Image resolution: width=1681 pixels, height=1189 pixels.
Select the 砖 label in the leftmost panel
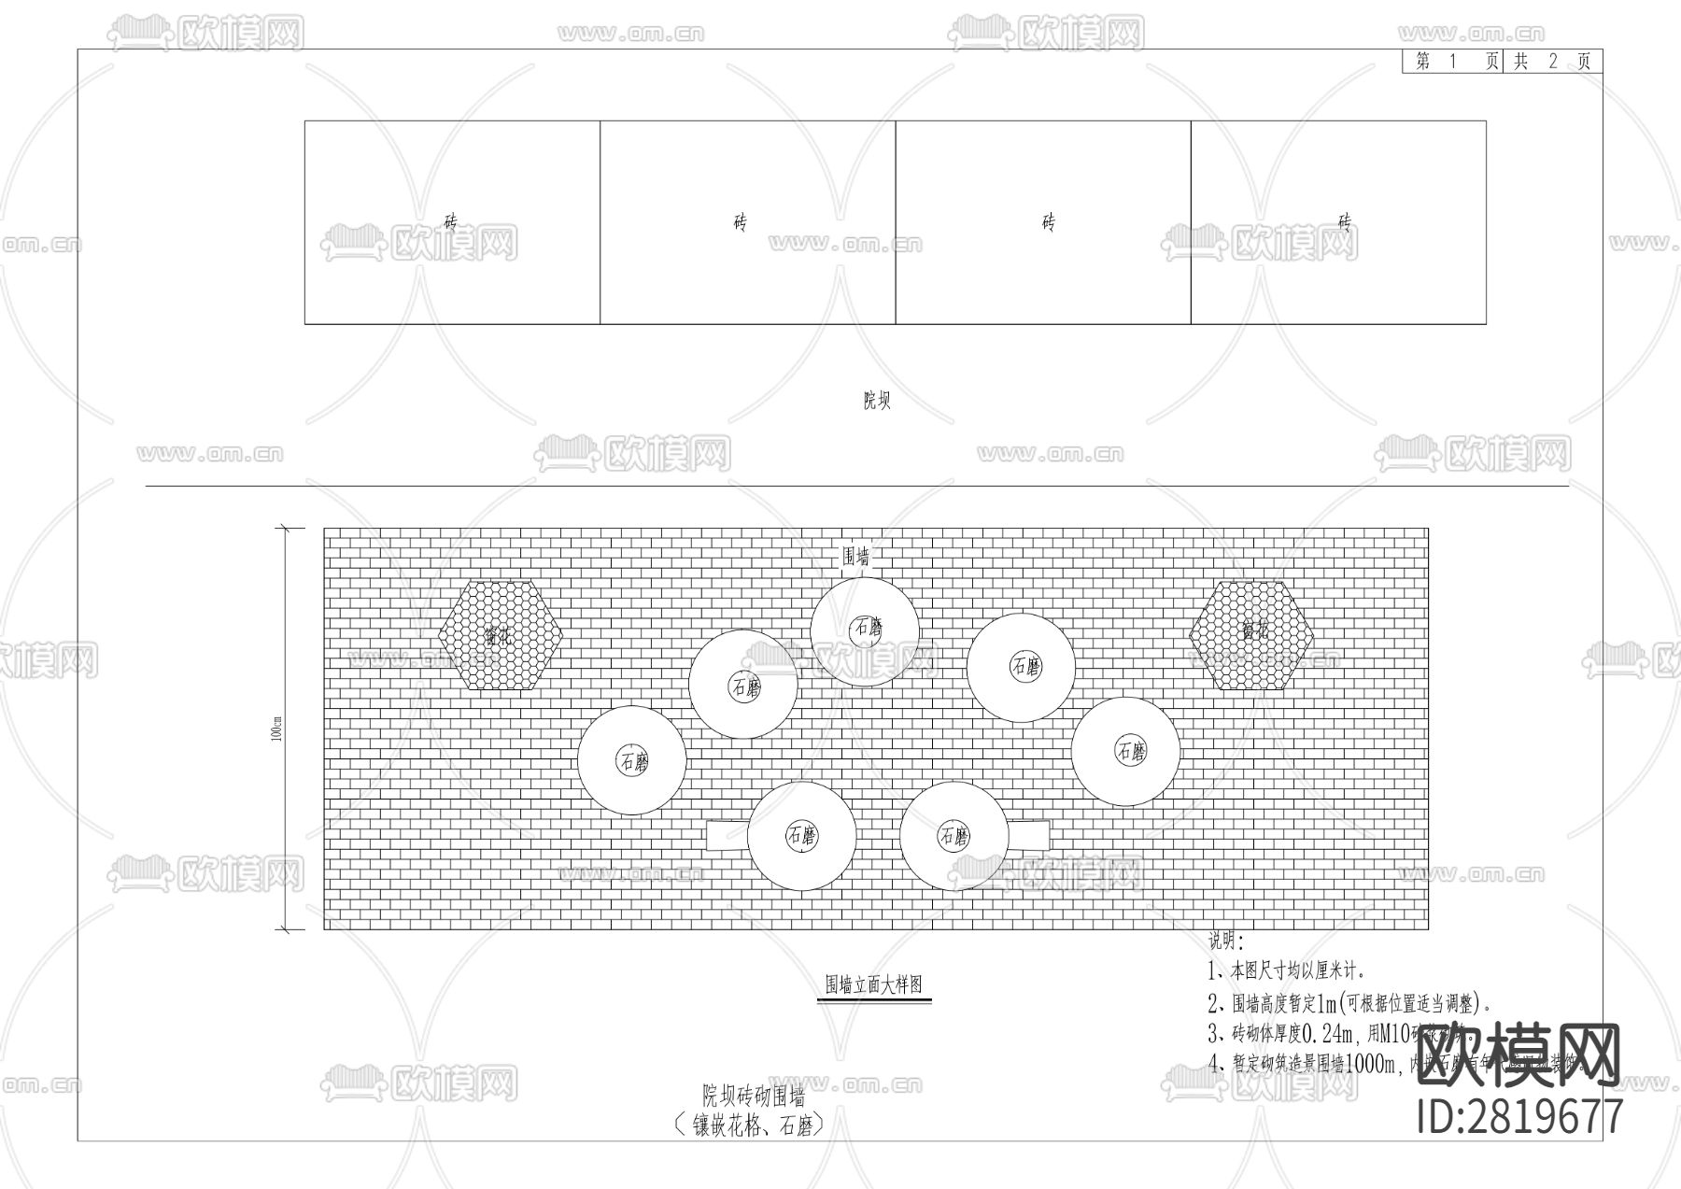(x=451, y=222)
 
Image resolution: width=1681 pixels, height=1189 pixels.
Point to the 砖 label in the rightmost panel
(x=1344, y=222)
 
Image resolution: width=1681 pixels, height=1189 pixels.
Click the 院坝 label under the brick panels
(x=876, y=401)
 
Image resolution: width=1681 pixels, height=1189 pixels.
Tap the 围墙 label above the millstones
(x=856, y=557)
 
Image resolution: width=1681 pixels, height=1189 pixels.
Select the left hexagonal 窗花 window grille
(x=501, y=635)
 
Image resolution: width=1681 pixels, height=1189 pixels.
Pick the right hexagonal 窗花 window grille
(x=1251, y=635)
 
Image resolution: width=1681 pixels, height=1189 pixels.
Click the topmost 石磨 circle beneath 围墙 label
(x=865, y=631)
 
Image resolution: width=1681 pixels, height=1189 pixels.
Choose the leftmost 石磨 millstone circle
(x=632, y=760)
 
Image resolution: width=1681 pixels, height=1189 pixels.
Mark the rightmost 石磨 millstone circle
(x=1125, y=751)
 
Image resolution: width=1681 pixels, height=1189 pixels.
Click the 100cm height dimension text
(x=276, y=729)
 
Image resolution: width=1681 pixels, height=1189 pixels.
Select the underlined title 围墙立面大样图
(x=874, y=984)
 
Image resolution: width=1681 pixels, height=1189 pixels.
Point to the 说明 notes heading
(x=1226, y=941)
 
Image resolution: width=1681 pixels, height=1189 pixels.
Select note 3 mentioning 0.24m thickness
(x=1326, y=1034)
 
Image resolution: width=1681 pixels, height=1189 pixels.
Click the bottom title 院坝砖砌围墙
(x=755, y=1096)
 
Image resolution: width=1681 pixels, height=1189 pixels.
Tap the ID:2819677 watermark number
(x=1520, y=1117)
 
